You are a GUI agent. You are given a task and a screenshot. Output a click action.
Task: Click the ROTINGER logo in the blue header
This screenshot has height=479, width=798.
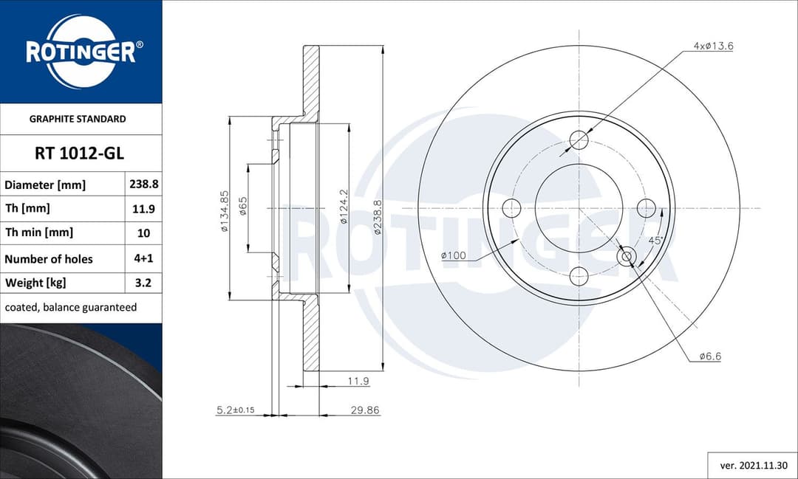[x=81, y=52]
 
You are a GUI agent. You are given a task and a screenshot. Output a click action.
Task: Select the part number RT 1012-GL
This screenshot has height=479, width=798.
[x=80, y=154]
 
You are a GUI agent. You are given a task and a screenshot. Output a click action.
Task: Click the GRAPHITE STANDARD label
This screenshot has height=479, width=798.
[x=78, y=119]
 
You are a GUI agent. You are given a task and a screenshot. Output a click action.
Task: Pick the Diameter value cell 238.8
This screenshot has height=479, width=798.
[x=143, y=185]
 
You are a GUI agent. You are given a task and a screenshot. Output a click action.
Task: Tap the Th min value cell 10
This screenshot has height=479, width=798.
[x=143, y=233]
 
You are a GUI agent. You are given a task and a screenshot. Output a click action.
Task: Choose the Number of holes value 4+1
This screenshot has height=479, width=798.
[x=143, y=258]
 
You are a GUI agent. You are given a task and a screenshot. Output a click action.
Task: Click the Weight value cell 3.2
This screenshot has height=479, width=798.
[x=143, y=282]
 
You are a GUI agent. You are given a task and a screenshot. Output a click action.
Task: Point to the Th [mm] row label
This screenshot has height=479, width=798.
[x=27, y=209]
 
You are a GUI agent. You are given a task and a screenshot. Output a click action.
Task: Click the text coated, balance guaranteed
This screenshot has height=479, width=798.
[x=71, y=307]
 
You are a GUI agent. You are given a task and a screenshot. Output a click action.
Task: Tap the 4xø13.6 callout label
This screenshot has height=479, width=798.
[x=713, y=46]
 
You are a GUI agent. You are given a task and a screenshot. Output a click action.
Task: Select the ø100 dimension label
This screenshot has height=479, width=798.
[x=453, y=255]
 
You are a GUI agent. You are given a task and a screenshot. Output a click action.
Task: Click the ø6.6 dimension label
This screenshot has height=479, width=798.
[x=710, y=356]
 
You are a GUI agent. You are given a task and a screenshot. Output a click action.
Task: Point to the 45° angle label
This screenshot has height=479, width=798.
[x=655, y=241]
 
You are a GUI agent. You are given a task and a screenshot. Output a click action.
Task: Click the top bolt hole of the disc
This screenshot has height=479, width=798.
[x=579, y=140]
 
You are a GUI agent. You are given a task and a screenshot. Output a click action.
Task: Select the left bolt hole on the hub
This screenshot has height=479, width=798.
[x=511, y=208]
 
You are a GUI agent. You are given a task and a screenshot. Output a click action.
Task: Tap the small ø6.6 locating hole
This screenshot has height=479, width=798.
[x=627, y=256]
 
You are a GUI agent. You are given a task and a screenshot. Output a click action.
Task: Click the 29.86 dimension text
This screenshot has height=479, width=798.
[x=366, y=410]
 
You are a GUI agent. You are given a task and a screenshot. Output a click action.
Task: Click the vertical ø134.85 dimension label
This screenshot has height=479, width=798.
[x=224, y=211]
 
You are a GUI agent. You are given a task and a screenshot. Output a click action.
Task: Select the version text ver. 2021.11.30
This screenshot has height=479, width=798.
[x=752, y=466]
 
